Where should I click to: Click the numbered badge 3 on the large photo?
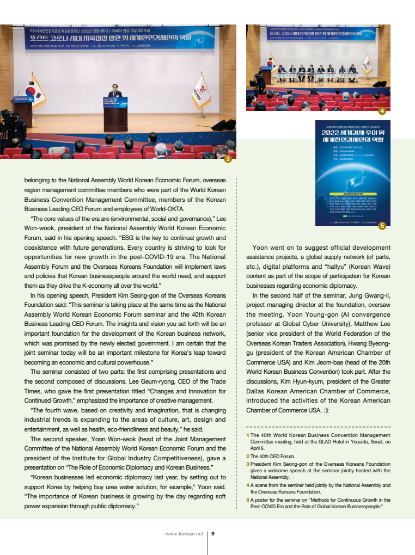coord(228,158)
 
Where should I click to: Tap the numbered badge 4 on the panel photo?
coord(382,111)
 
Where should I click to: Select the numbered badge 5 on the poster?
coord(382,225)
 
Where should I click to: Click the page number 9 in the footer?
coord(213,533)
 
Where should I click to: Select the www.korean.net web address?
coord(184,533)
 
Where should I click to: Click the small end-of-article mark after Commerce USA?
coord(326,410)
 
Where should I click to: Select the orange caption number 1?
coord(248,435)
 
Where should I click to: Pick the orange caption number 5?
coord(248,499)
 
